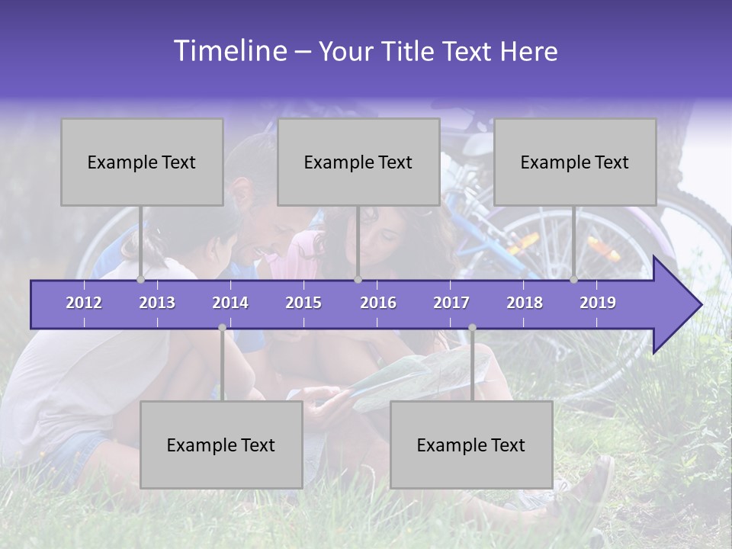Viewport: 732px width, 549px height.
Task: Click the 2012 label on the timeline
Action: click(84, 303)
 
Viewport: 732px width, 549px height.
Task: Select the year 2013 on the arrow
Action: click(157, 303)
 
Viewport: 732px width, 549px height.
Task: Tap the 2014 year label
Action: click(230, 303)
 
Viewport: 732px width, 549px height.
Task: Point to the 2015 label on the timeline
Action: click(303, 303)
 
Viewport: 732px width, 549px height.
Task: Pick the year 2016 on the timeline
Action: click(378, 303)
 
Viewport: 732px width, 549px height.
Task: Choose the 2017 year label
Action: click(451, 303)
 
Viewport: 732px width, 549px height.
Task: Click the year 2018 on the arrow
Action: click(525, 303)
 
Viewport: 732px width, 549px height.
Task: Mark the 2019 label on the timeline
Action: click(598, 303)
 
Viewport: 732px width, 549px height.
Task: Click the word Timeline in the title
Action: click(229, 51)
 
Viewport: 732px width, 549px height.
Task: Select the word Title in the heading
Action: click(410, 52)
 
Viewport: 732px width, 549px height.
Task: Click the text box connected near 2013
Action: click(142, 162)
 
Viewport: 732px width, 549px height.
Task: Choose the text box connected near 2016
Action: click(358, 162)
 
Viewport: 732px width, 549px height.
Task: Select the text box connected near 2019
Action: click(575, 162)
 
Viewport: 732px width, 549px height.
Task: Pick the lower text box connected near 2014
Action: click(221, 445)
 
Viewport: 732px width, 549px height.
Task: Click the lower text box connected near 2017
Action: click(471, 445)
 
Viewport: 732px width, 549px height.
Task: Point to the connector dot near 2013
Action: click(141, 280)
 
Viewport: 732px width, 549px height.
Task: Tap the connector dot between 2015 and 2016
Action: click(358, 280)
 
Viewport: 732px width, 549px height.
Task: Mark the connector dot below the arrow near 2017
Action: click(472, 328)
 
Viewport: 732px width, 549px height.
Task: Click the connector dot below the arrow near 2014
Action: click(222, 328)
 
